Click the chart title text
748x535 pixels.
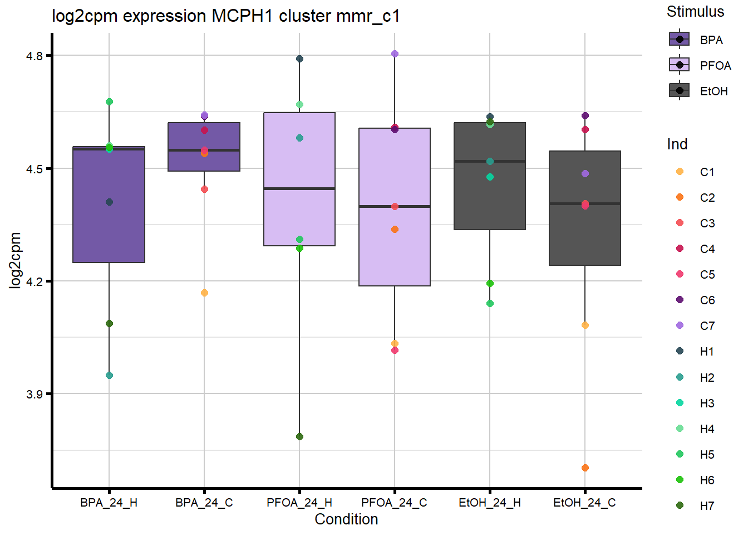point(225,16)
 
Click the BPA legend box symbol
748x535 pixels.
point(679,40)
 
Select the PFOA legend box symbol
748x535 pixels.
point(679,65)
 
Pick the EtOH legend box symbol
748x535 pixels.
point(679,91)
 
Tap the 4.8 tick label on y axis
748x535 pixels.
point(35,56)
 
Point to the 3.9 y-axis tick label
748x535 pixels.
point(35,394)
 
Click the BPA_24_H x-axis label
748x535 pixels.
point(109,503)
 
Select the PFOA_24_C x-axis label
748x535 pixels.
point(394,503)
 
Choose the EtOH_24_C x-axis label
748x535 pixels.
point(584,503)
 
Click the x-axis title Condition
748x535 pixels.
point(346,519)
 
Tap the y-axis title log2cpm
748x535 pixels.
point(15,260)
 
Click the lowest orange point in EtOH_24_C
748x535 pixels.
point(585,468)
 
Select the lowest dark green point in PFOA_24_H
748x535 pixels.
point(299,436)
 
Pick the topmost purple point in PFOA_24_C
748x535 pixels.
point(395,53)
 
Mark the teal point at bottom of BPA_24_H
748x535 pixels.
point(109,375)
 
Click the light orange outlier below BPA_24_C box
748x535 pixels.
point(204,293)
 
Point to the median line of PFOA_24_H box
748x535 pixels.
point(299,189)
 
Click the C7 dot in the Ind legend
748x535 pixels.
point(680,325)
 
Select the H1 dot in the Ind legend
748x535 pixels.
point(680,351)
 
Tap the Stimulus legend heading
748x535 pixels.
point(695,12)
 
